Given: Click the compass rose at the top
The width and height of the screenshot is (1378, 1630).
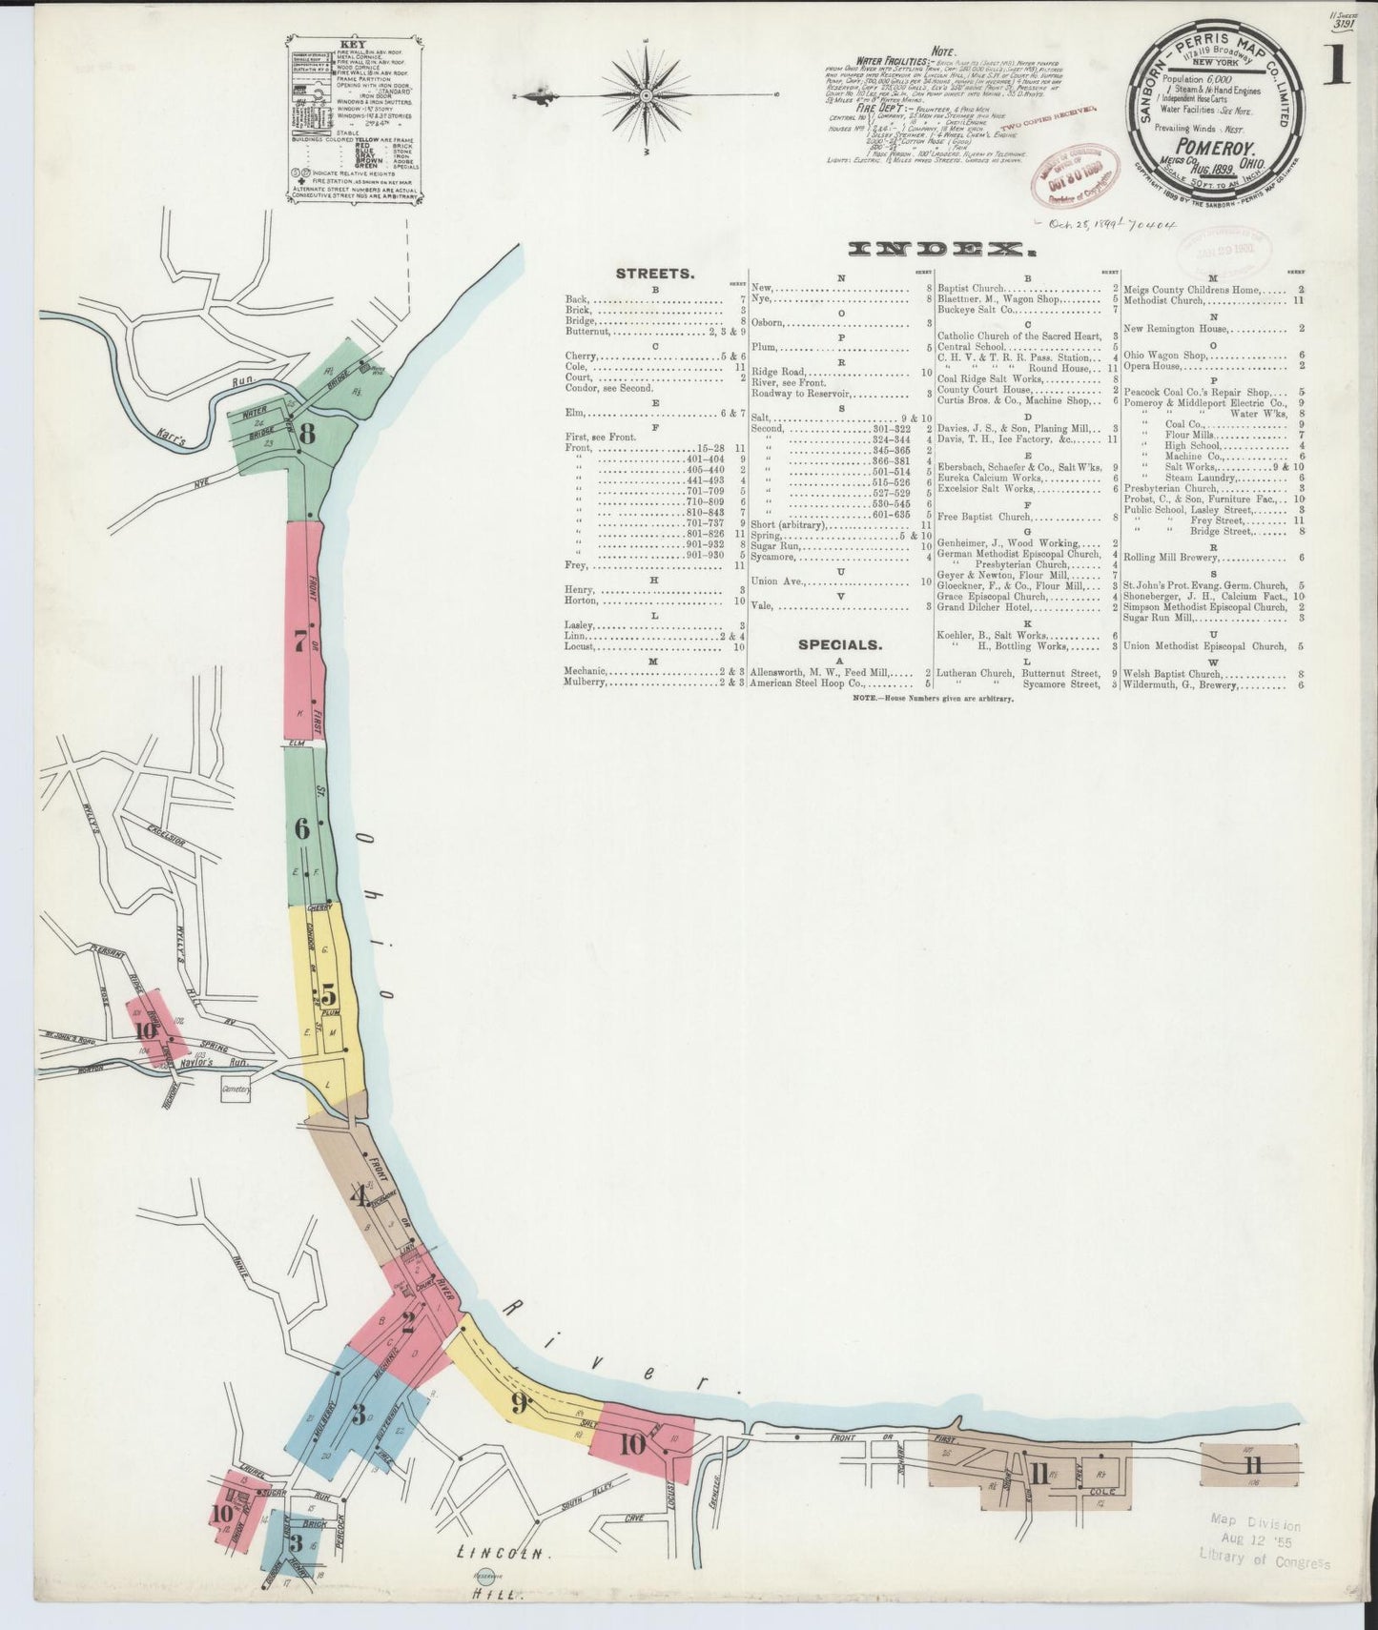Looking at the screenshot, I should click(647, 95).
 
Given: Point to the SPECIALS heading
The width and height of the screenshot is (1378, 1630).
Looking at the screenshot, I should click(839, 644).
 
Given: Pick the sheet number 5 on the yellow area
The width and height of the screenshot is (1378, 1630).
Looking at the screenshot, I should click(327, 991).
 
